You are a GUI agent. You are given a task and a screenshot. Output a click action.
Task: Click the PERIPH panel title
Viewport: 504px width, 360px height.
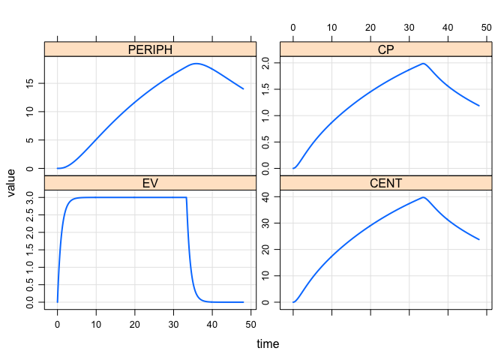coord(150,49)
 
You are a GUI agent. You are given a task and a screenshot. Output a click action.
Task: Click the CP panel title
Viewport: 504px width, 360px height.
coord(385,49)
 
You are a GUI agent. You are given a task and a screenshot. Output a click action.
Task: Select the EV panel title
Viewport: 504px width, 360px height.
coord(150,183)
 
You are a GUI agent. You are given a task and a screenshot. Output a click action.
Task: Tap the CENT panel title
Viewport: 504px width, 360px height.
coord(385,183)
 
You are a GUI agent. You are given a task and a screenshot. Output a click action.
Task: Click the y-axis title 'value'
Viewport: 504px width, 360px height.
coord(12,182)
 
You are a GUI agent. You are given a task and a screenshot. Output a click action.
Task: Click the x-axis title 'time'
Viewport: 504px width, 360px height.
coord(268,344)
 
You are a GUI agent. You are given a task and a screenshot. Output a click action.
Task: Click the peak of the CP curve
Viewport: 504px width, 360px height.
coord(424,64)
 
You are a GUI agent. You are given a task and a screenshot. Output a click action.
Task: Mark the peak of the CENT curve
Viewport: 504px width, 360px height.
coord(424,197)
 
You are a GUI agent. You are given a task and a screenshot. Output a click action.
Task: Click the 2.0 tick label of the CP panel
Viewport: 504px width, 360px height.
coord(266,63)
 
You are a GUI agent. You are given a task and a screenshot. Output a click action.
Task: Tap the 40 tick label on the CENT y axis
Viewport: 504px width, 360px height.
coord(266,197)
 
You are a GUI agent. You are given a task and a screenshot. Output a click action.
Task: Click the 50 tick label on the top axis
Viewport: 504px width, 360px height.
coord(486,28)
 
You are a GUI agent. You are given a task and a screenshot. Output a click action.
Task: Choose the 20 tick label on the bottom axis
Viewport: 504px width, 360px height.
coord(135,324)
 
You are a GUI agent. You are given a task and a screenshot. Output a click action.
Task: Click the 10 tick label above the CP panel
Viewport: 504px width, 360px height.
coord(331,28)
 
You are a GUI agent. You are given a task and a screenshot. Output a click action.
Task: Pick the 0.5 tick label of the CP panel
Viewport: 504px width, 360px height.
coord(266,142)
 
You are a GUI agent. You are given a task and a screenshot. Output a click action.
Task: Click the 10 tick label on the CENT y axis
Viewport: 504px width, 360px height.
coord(266,276)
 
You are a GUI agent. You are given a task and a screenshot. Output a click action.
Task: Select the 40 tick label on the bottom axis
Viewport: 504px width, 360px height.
coord(213,324)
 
